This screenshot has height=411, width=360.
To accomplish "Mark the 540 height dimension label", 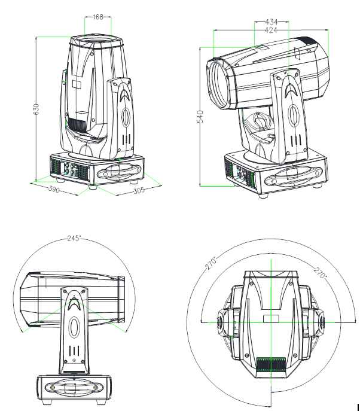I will (x=201, y=117).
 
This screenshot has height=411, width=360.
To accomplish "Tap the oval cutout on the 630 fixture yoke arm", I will (x=126, y=116).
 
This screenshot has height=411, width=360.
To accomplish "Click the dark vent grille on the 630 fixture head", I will (x=77, y=125).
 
